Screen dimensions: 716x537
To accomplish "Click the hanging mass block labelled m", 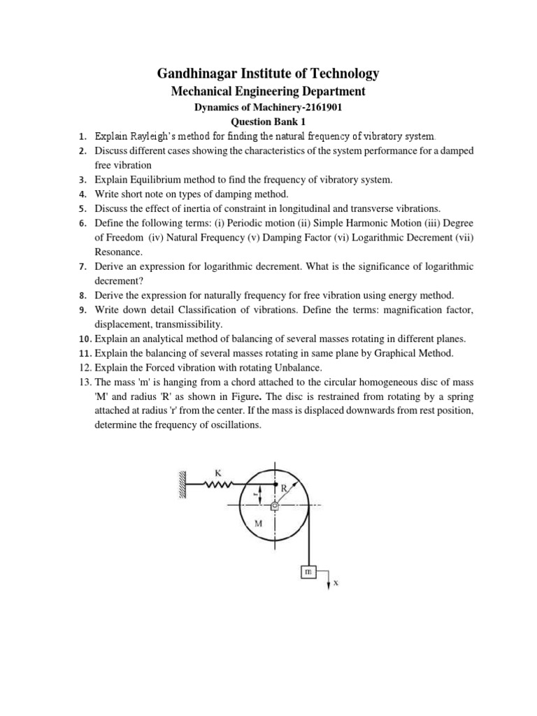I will tap(308, 572).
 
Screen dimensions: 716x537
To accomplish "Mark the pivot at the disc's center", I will tap(274, 505).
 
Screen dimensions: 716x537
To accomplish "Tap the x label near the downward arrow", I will tap(336, 582).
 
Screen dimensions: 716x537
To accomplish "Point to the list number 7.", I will tap(82, 266).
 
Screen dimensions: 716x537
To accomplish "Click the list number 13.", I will tap(84, 382).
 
